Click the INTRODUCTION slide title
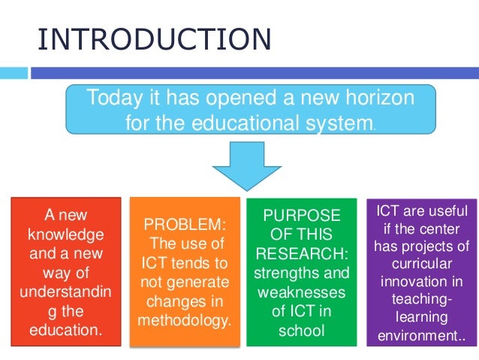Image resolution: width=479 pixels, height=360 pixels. [155, 39]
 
